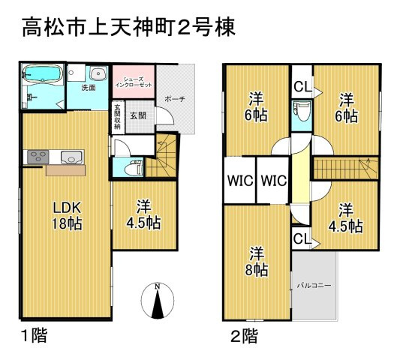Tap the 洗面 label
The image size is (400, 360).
tap(88, 88)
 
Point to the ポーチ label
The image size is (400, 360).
tap(177, 97)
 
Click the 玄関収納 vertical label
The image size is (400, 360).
tap(117, 115)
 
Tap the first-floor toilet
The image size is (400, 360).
tap(134, 167)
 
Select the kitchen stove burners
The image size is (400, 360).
tap(36, 157)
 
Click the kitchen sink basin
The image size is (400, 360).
tap(72, 157)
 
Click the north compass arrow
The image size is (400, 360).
tap(156, 303)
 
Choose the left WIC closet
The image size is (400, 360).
tap(239, 180)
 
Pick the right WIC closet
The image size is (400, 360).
tap(273, 180)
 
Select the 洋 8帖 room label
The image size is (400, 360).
tap(257, 259)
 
